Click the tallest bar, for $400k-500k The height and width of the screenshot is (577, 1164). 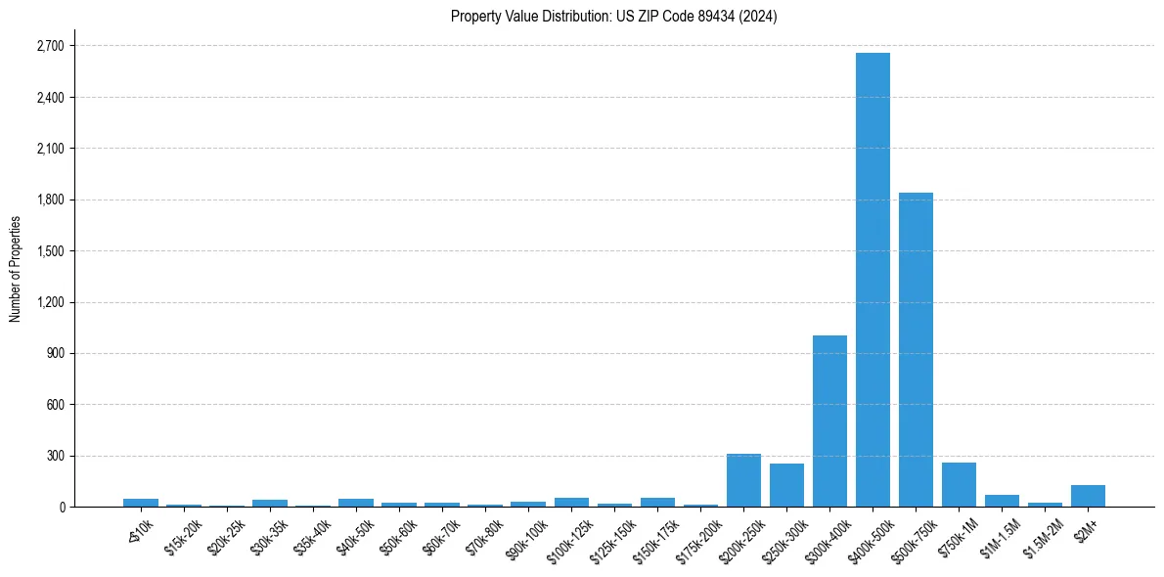(873, 280)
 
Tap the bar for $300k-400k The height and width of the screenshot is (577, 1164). (829, 421)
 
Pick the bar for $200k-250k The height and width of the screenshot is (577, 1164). (743, 480)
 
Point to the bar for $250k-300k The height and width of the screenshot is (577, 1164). (786, 485)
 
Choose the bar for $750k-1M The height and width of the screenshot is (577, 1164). (959, 484)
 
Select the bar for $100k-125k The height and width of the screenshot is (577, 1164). (571, 502)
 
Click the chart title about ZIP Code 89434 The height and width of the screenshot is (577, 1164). (613, 17)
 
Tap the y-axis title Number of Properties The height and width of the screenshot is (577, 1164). (16, 268)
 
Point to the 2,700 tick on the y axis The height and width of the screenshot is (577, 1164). (49, 46)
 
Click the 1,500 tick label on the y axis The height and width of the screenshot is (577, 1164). (49, 251)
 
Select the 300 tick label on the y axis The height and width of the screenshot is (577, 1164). (54, 456)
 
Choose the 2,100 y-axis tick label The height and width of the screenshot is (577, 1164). (49, 149)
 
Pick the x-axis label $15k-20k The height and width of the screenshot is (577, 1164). (183, 537)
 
